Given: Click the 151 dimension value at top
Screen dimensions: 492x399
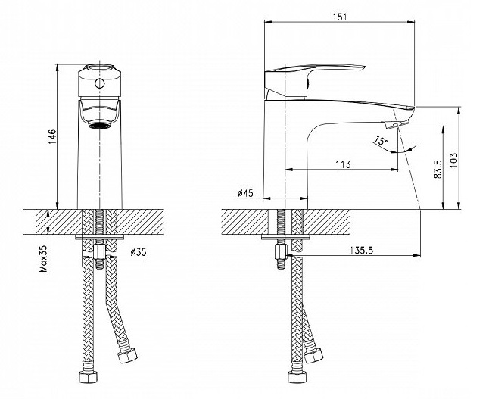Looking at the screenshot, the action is coord(340,17).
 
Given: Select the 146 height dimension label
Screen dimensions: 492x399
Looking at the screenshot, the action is coord(51,136).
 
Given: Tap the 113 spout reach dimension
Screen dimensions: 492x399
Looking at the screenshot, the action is coord(343,164).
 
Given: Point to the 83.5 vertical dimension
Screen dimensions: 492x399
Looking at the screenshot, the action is coord(438,169).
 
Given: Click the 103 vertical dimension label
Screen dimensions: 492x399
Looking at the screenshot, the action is coord(453,160).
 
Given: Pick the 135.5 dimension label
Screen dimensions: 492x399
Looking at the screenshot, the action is coord(362,250).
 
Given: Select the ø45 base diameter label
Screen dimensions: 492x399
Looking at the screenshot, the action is coord(245,193).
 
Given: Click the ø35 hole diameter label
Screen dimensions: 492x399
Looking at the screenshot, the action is coord(139,252).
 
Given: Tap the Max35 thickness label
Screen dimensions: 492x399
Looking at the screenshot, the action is coord(43,258).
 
